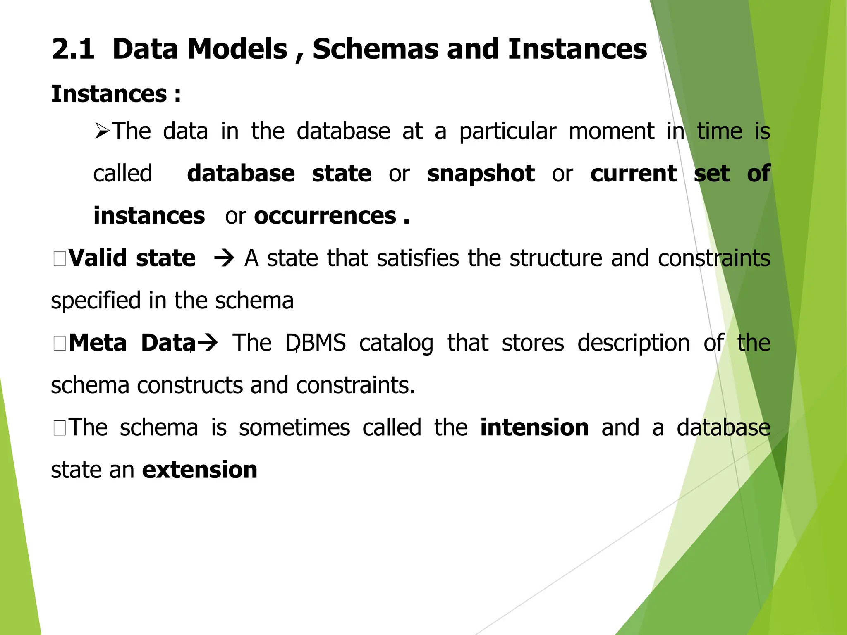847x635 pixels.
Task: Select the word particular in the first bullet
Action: click(508, 132)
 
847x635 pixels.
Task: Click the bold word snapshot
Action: click(481, 174)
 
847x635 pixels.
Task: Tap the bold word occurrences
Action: click(325, 216)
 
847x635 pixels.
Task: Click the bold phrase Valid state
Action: click(132, 258)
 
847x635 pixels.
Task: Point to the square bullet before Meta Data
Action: click(60, 344)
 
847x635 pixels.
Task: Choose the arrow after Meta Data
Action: click(207, 343)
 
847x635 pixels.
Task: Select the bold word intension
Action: click(534, 428)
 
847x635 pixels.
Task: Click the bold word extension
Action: click(199, 470)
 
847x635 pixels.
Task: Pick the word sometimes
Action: click(294, 428)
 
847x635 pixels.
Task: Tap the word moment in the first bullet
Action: click(611, 132)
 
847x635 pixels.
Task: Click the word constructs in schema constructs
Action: click(190, 386)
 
